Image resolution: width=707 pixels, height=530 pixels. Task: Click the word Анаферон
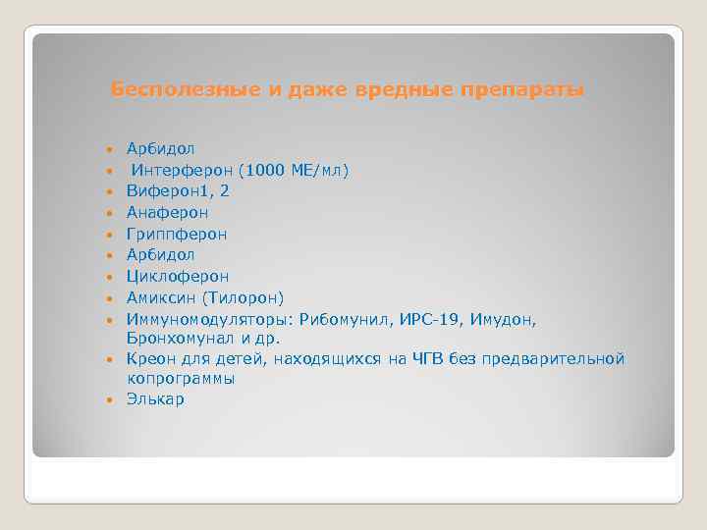coord(167,212)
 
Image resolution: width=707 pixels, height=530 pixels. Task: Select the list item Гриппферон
coord(177,234)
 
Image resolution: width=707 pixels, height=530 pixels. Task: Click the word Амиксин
coord(160,297)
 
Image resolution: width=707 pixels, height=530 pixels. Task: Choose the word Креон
coord(149,359)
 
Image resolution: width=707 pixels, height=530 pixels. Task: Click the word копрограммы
coord(181,379)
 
